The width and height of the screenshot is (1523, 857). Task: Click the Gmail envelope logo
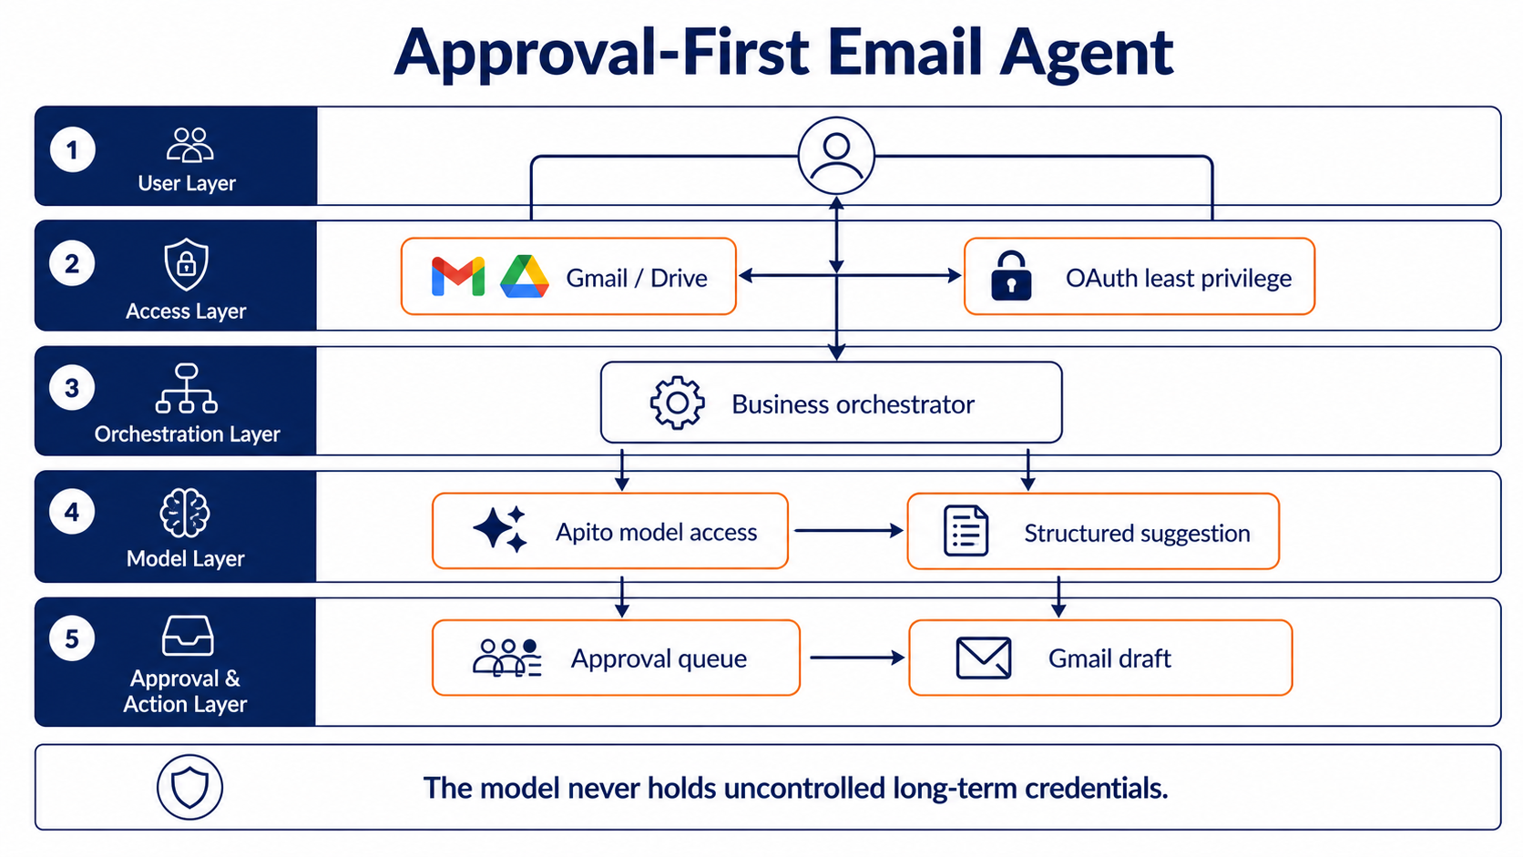(458, 277)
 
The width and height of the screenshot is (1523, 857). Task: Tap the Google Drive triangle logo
(524, 277)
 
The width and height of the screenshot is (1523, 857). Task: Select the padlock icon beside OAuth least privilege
(1011, 276)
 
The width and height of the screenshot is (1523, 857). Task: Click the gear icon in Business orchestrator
(677, 403)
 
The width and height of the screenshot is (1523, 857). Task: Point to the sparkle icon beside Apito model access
(500, 529)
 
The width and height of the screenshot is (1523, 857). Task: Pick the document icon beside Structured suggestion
(966, 531)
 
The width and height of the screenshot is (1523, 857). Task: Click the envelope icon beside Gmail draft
(983, 658)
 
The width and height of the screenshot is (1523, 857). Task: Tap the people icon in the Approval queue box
(507, 658)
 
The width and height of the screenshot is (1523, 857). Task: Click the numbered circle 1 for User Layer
(72, 150)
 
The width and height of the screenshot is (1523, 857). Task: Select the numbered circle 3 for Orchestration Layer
(72, 388)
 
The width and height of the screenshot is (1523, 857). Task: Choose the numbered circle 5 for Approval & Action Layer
(72, 638)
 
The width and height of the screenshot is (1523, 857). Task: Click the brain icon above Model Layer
(185, 513)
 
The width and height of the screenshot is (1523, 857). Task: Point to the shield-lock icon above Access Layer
(187, 264)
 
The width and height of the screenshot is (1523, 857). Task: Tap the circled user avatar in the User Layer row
(836, 157)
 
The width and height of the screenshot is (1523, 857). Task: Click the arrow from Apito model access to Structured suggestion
(849, 531)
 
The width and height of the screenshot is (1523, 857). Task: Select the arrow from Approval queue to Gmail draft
(857, 658)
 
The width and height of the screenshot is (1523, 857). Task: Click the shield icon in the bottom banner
(189, 787)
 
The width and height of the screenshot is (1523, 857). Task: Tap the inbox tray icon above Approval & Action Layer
(188, 636)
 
